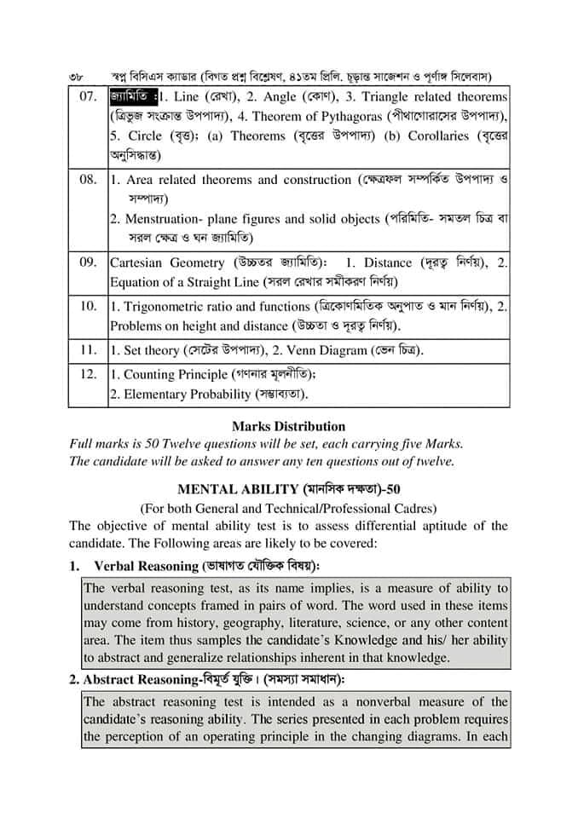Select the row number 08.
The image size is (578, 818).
89,180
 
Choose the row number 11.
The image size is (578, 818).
89,350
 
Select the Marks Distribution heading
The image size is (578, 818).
288,426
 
